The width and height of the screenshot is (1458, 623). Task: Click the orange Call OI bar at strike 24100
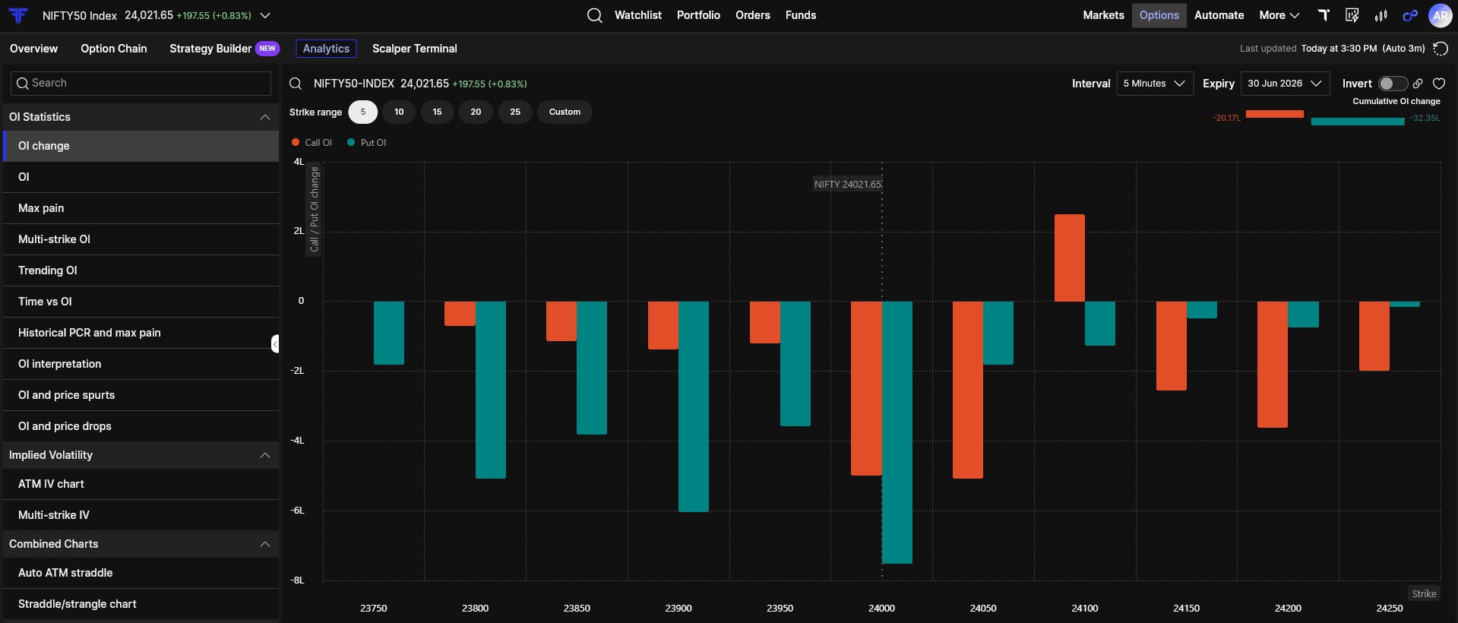1070,258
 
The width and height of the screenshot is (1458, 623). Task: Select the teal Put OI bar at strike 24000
897,432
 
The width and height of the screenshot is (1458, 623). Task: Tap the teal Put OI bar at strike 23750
389,333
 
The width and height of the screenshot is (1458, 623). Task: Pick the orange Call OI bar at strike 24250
1374,336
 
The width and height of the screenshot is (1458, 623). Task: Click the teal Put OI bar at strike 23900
694,406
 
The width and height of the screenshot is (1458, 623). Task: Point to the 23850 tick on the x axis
577,608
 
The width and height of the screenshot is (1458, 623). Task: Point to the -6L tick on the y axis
297,511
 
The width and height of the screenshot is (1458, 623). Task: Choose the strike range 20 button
476,112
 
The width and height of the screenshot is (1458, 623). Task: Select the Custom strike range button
565,112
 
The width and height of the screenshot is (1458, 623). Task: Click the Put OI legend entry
367,142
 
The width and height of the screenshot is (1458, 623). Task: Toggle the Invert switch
1393,84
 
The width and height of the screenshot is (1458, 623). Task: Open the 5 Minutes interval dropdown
1155,84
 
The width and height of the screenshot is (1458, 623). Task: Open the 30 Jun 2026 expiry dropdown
1285,84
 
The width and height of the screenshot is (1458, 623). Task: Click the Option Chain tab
114,49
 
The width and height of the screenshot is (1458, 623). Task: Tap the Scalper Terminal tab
415,49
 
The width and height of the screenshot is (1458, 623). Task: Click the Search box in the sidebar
141,83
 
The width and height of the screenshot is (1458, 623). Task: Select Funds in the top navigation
801,15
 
